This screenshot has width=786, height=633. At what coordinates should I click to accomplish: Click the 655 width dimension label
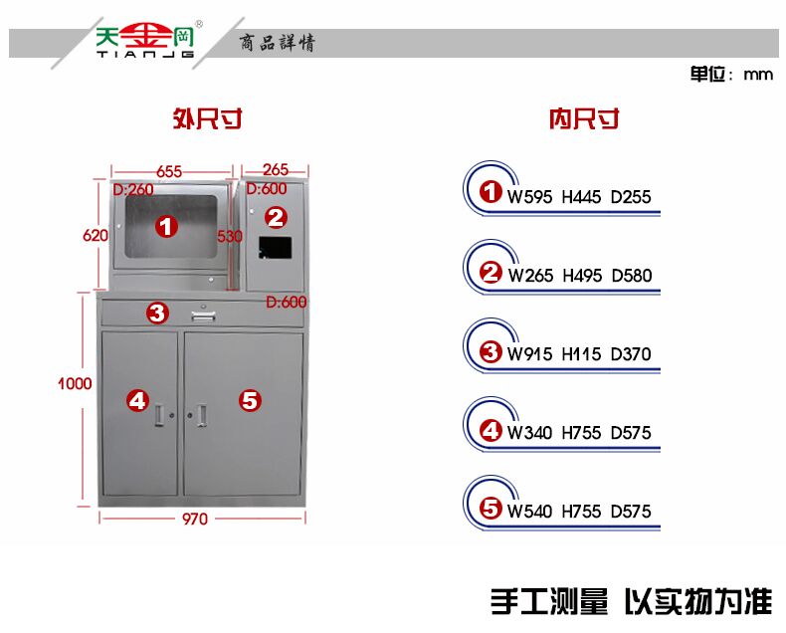pos(168,171)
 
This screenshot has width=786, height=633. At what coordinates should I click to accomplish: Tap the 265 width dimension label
pos(276,170)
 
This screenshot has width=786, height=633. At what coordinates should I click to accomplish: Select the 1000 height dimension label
pos(75,384)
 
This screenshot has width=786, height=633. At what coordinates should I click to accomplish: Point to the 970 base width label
pos(195,519)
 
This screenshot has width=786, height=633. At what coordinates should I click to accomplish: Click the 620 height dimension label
pos(95,235)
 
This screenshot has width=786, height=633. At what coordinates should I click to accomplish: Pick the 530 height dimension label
pos(230,236)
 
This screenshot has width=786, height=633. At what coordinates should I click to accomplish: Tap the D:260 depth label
pos(133,189)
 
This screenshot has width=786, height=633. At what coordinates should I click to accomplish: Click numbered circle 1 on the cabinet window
pos(166,227)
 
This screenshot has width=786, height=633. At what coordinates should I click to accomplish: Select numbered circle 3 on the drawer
pos(157,313)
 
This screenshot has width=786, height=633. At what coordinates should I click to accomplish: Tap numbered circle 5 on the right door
pos(250,400)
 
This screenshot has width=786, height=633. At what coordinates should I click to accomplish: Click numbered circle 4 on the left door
pos(137,400)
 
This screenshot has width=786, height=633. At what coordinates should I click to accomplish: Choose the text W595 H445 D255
pos(579,197)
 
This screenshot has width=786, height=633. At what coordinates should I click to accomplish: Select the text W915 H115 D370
pos(579,354)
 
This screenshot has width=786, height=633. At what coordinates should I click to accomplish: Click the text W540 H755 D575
pos(579,512)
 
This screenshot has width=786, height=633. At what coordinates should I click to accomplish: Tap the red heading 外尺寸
pos(207,120)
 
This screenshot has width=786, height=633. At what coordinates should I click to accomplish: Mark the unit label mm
pos(758,75)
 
